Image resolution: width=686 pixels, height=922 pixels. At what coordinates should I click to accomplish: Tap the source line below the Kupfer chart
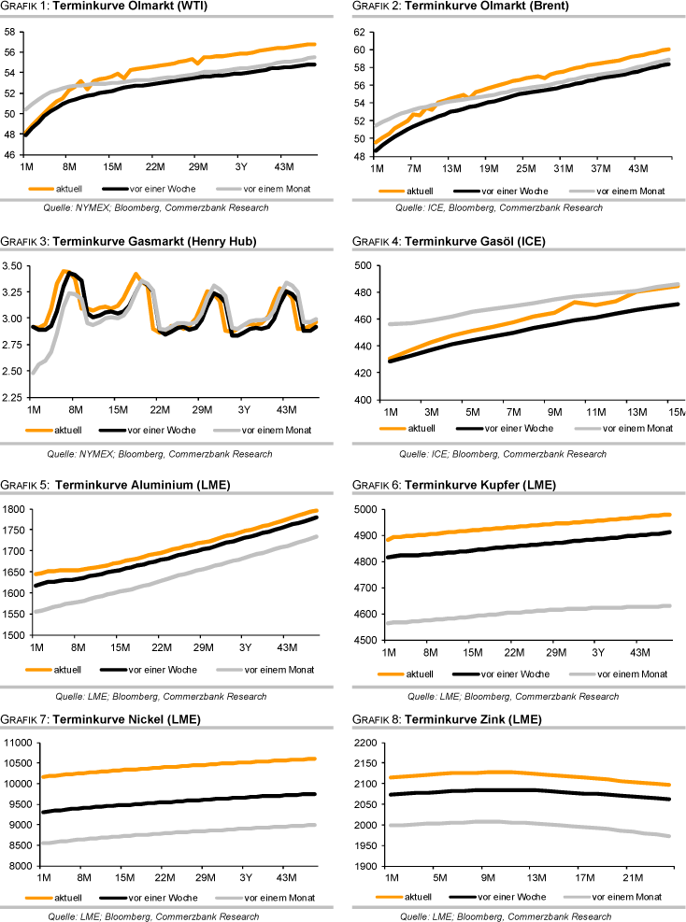tap(508, 696)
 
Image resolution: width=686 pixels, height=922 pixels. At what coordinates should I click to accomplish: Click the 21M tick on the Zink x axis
tap(634, 878)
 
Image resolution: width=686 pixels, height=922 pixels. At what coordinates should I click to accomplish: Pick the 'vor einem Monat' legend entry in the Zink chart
tap(632, 898)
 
